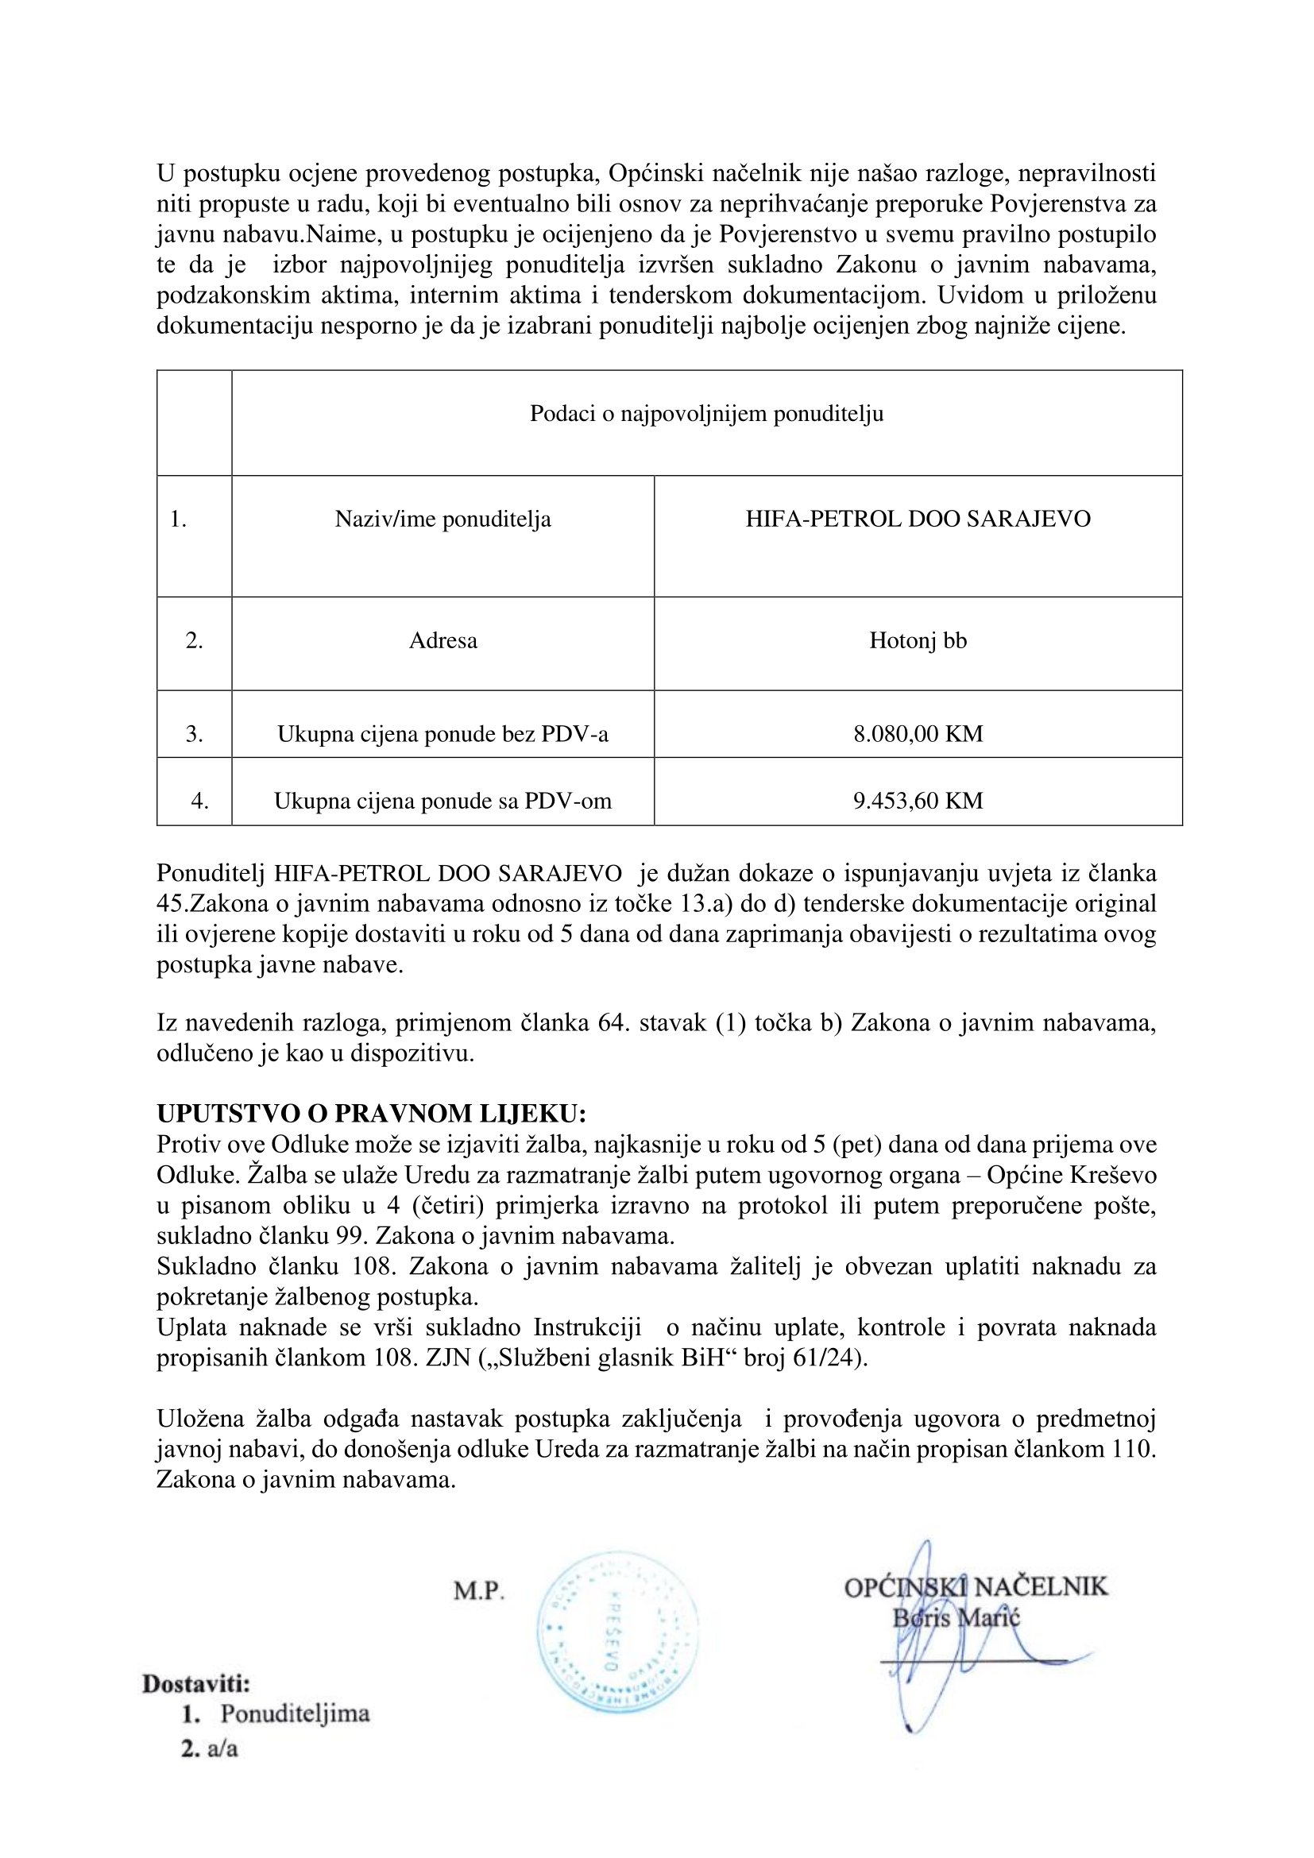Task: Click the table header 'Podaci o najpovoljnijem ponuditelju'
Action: tap(706, 415)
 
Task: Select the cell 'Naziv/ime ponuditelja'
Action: tap(443, 519)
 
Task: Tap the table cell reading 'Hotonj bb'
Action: tap(918, 641)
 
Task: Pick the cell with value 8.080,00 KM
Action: tap(918, 734)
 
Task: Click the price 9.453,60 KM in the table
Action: tap(918, 802)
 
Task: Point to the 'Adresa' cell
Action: tap(443, 641)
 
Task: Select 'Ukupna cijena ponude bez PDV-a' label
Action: tap(443, 734)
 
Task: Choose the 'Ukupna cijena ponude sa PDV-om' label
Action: tap(443, 802)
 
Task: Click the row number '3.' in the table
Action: tap(194, 734)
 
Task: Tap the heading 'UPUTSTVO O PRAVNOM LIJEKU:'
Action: tap(371, 1114)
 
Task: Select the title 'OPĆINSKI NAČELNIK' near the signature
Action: tap(976, 1587)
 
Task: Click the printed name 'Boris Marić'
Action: tap(957, 1617)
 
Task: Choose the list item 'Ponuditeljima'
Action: tap(296, 1713)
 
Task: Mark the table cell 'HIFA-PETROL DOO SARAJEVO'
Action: tap(918, 519)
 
